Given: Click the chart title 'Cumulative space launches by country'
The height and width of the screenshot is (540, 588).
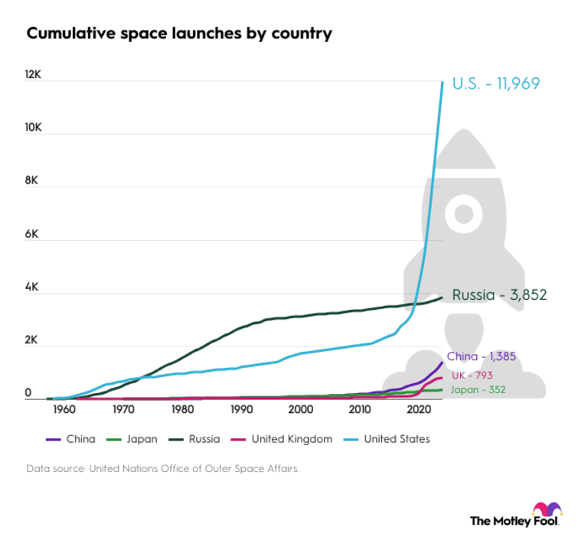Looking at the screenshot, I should point(179,34).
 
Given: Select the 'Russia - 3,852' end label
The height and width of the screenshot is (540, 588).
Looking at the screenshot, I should point(498,294).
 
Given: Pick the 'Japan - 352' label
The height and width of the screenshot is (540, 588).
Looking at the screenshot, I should point(476,390).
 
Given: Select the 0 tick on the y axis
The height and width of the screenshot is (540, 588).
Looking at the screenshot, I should point(30,394).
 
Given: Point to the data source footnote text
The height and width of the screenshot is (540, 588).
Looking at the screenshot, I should point(162,468).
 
